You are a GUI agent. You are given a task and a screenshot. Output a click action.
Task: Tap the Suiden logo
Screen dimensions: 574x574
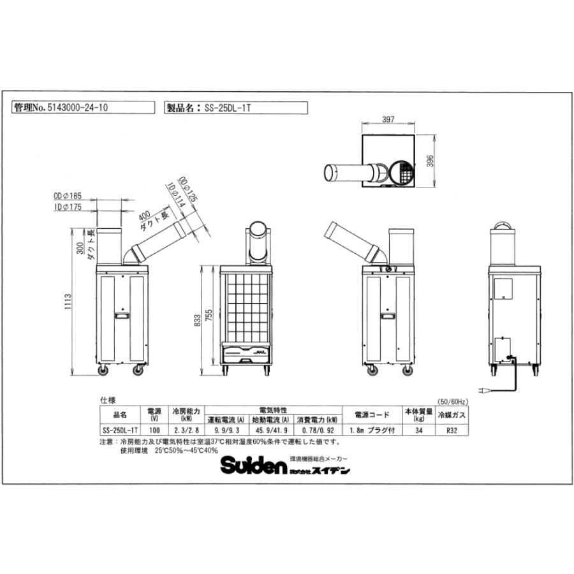253,466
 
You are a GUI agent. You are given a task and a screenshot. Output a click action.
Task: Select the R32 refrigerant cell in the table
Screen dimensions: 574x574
452,430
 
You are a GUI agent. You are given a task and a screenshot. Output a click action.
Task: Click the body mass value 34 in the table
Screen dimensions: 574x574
418,430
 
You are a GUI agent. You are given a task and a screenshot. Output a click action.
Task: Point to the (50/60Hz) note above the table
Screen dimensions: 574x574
453,401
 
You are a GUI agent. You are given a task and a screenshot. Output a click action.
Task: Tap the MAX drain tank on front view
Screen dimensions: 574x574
246,351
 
